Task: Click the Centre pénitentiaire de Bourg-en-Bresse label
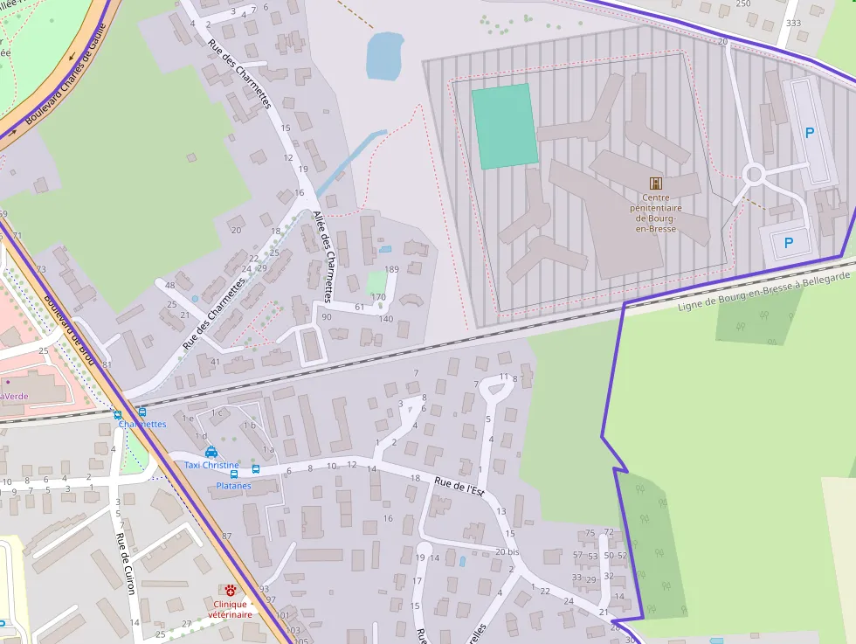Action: [655, 213]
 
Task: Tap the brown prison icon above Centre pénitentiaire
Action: [655, 183]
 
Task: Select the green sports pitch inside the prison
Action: [505, 126]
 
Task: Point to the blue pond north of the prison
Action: [384, 55]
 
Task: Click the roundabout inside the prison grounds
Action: [753, 175]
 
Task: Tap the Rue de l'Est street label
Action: [459, 487]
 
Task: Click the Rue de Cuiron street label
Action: [126, 564]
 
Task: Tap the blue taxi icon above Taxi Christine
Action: [211, 452]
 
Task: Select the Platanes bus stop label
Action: [233, 486]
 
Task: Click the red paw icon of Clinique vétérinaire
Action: [231, 591]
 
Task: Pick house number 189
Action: [391, 269]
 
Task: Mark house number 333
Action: [793, 23]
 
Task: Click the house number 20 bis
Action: [507, 551]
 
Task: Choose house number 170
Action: [378, 297]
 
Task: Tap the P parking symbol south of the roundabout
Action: [789, 243]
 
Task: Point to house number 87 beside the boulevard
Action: [227, 536]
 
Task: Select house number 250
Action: [742, 3]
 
